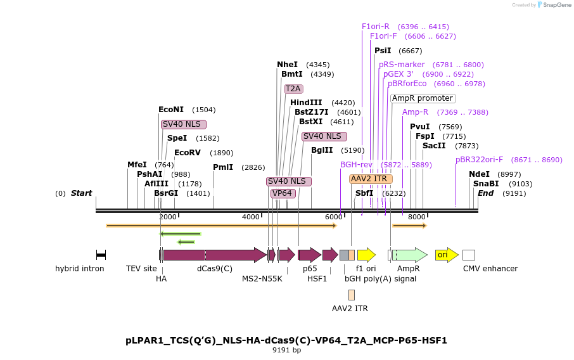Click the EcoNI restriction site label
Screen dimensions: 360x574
(x=170, y=110)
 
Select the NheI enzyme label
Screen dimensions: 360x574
(x=287, y=65)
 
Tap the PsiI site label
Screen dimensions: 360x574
(x=383, y=51)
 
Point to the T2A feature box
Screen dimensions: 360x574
(x=293, y=89)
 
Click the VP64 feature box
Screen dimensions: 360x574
(x=283, y=193)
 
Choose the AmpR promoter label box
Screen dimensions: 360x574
(x=423, y=98)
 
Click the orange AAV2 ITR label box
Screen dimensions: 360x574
(x=371, y=179)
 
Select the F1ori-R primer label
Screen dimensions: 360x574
(x=376, y=27)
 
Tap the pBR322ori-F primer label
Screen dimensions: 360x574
(x=479, y=160)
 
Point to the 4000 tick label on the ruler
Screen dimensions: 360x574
(x=251, y=217)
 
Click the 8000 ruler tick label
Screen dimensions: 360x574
(x=416, y=217)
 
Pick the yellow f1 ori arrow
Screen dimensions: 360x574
(x=366, y=255)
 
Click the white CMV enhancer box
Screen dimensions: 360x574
(x=469, y=255)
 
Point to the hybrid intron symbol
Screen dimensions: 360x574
(x=101, y=255)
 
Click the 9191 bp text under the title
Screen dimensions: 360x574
(x=286, y=350)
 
